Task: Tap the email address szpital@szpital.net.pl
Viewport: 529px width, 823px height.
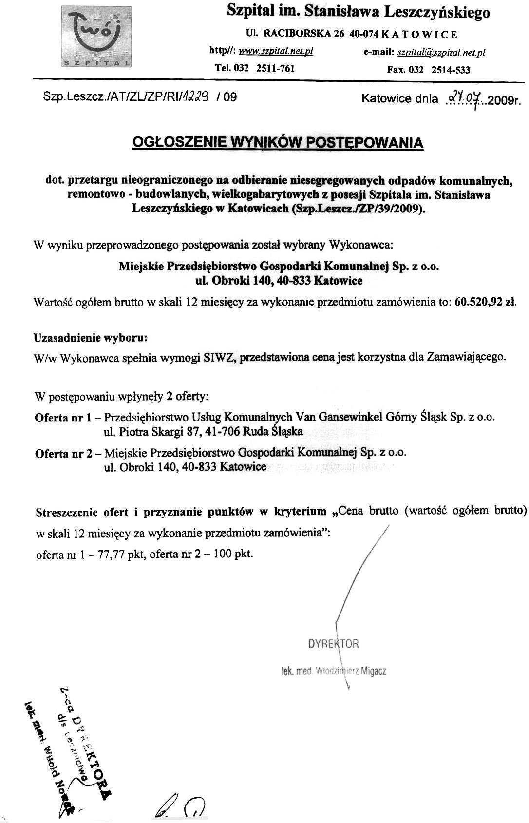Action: pyautogui.click(x=441, y=52)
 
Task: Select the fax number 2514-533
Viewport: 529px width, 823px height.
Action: pyautogui.click(x=450, y=70)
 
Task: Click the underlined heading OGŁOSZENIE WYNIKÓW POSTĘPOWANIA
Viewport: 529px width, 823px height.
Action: pyautogui.click(x=278, y=143)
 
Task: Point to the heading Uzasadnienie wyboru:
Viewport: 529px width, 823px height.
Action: pyautogui.click(x=90, y=337)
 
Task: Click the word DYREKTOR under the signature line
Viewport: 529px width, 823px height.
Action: pyautogui.click(x=334, y=644)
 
